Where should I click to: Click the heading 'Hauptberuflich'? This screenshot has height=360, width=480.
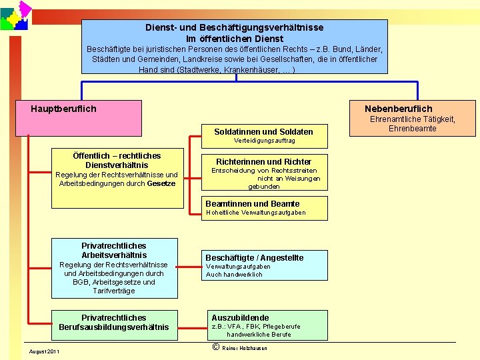(x=63, y=109)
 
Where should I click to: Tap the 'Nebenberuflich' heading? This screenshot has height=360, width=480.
(x=398, y=109)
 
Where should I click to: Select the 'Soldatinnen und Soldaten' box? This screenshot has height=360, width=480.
(x=263, y=131)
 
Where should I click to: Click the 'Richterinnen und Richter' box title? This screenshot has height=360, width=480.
(x=263, y=161)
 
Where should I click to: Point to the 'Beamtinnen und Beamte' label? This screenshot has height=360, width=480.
(x=253, y=203)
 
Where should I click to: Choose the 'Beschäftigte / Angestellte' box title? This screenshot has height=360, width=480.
(x=254, y=257)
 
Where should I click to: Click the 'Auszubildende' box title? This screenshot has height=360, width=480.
(x=240, y=317)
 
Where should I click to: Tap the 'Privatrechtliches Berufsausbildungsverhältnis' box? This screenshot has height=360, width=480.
(x=113, y=322)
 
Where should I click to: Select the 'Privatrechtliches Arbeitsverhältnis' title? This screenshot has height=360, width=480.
(x=113, y=250)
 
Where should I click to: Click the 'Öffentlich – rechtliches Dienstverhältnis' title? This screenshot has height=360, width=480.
(x=117, y=160)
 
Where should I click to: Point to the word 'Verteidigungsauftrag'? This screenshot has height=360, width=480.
(x=264, y=141)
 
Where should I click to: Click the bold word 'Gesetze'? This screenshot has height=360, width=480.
(x=161, y=183)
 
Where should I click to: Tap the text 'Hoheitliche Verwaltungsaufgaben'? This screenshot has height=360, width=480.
(x=255, y=213)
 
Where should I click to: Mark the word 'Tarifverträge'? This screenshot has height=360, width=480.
(x=113, y=291)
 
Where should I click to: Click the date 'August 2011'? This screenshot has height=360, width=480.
(x=44, y=351)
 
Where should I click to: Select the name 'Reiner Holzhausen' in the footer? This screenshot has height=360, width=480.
(x=245, y=348)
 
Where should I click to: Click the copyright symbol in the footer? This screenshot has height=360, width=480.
(x=215, y=347)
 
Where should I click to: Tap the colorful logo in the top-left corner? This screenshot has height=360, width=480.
(x=15, y=15)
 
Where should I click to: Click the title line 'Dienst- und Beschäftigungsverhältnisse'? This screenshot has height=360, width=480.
(x=234, y=27)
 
